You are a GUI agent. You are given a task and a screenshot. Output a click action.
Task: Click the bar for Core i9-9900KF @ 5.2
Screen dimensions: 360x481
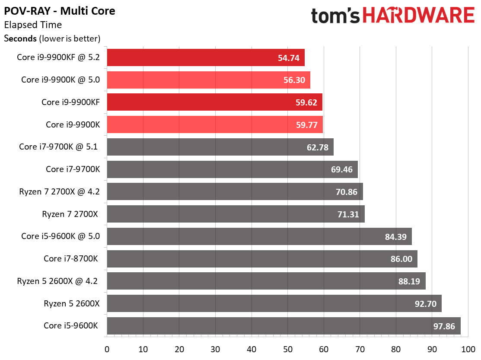pyautogui.click(x=206, y=57)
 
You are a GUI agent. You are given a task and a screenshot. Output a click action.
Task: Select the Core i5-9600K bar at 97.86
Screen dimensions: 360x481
pyautogui.click(x=284, y=326)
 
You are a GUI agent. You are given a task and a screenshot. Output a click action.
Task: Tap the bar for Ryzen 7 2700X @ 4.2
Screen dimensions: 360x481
pyautogui.click(x=235, y=191)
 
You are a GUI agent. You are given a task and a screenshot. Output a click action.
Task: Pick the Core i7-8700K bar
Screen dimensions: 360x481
pyautogui.click(x=262, y=258)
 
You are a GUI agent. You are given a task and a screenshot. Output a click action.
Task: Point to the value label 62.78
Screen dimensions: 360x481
pyautogui.click(x=317, y=147)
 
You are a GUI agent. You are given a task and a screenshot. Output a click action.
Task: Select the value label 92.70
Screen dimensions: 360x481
pyautogui.click(x=426, y=303)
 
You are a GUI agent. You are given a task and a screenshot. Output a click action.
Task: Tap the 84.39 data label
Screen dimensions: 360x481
pyautogui.click(x=395, y=236)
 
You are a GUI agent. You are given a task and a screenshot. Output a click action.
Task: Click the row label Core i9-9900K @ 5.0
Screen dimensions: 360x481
pyautogui.click(x=61, y=80)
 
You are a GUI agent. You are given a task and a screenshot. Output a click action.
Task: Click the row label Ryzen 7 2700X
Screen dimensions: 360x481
pyautogui.click(x=71, y=214)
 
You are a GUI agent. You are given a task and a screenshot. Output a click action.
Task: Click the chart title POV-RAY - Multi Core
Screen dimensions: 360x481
pyautogui.click(x=60, y=11)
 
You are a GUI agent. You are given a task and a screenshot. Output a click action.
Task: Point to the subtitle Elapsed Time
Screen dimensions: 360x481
pyautogui.click(x=33, y=25)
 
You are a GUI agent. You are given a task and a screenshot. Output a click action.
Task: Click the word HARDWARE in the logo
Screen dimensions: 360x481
pyautogui.click(x=419, y=16)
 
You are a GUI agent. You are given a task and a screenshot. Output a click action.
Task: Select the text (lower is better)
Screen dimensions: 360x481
pyautogui.click(x=70, y=38)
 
